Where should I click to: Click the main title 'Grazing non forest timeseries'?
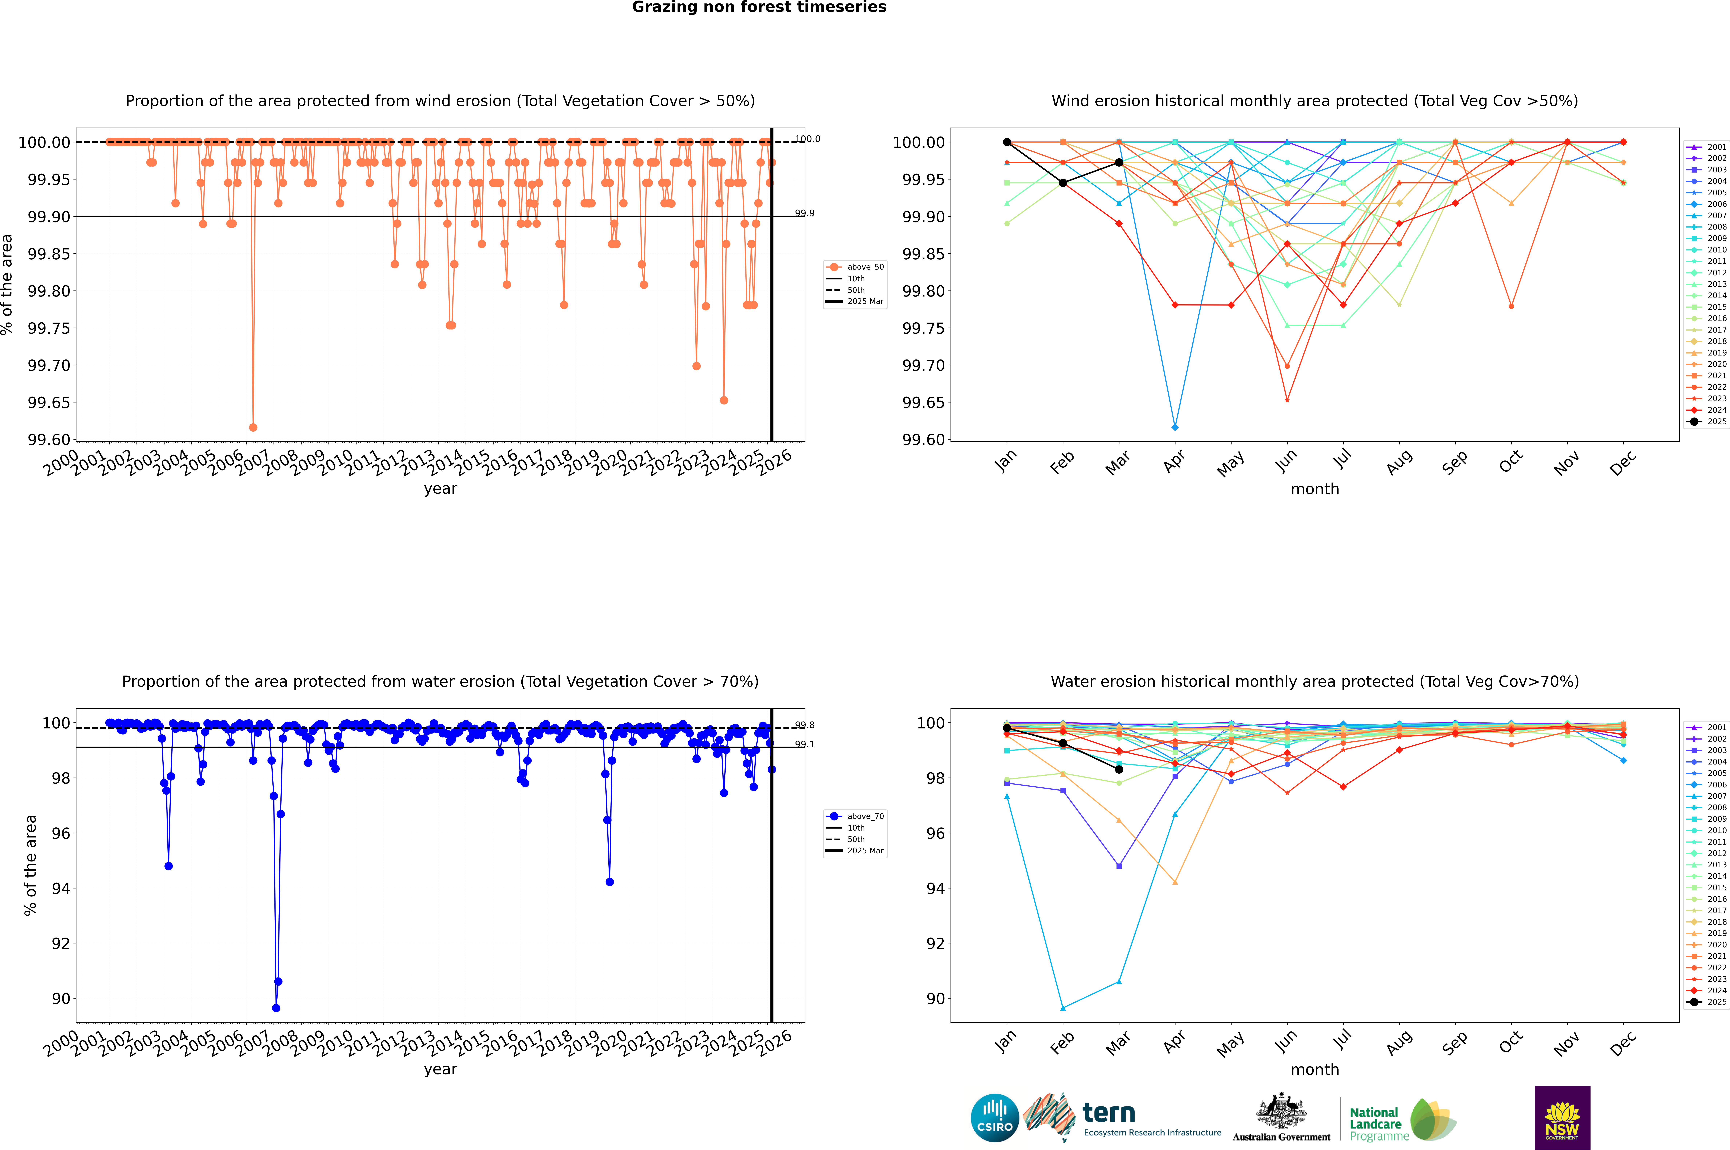(x=759, y=7)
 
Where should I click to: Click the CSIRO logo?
(x=994, y=1119)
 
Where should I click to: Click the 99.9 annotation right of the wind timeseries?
(x=805, y=214)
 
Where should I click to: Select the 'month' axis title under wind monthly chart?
(x=1314, y=489)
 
